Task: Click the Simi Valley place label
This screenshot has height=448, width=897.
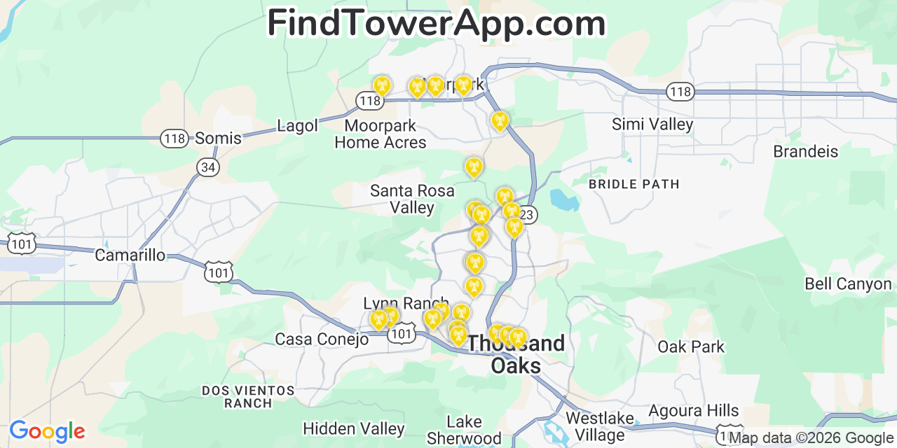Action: click(x=652, y=125)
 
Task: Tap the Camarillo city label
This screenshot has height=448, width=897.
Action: click(x=130, y=255)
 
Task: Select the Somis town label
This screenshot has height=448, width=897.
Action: click(x=218, y=138)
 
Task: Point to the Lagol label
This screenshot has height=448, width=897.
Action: click(x=297, y=126)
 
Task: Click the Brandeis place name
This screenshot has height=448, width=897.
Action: click(x=805, y=151)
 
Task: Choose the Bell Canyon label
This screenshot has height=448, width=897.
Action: click(x=848, y=283)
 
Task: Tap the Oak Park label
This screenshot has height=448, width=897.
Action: click(x=691, y=346)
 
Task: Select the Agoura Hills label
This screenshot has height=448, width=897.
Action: click(x=693, y=410)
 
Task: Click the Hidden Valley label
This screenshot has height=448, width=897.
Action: click(x=353, y=428)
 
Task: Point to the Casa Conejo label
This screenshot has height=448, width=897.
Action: click(x=322, y=339)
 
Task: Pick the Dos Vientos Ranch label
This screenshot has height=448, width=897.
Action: click(x=248, y=396)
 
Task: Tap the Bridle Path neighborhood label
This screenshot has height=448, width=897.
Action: click(x=634, y=184)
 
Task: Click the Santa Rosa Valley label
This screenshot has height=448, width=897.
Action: click(x=412, y=199)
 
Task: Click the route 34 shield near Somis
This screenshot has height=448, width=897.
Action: click(x=208, y=167)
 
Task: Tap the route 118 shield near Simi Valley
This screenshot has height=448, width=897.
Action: click(x=679, y=92)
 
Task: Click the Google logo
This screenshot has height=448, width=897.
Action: click(x=46, y=431)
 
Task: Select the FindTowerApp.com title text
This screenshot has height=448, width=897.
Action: click(x=436, y=23)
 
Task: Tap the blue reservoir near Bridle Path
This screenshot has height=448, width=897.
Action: click(x=565, y=199)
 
